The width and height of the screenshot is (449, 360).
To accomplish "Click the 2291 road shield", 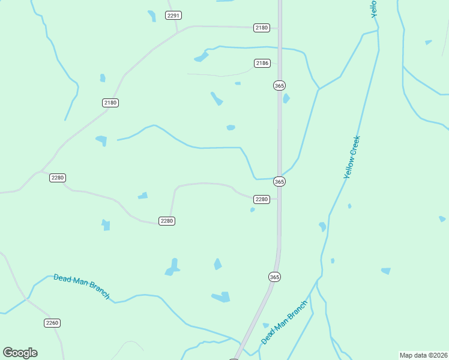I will point(173,15).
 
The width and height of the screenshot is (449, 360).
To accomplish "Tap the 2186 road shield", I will point(262,63).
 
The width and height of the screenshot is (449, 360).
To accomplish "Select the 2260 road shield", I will point(52,323).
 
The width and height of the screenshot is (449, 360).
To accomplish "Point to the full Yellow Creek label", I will point(352,157).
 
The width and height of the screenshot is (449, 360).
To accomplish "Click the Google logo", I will point(20,353).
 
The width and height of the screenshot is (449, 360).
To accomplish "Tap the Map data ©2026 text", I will point(423,355).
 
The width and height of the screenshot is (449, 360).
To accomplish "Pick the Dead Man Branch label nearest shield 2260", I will point(82,286).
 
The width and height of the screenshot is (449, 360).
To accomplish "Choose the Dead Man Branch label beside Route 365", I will point(285,322).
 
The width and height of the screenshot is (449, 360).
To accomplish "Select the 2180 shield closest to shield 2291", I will point(262,28).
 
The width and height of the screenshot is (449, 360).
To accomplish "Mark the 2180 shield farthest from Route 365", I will point(110,103).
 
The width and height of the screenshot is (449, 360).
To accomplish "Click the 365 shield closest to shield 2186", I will point(279,86).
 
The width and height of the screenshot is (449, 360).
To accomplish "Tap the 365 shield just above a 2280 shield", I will point(279,181).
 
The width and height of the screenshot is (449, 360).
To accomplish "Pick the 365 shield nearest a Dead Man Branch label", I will point(274,277).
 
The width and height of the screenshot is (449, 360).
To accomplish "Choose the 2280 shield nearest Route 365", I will point(261,199).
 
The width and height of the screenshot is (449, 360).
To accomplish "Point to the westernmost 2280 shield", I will point(58,178).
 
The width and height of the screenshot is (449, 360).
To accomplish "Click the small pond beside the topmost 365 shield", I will point(286,98).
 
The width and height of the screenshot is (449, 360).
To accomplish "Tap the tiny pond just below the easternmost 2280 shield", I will point(253,209).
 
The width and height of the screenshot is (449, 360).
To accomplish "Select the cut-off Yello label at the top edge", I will point(373,8).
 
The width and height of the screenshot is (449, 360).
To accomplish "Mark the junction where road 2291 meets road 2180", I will point(178,33).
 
